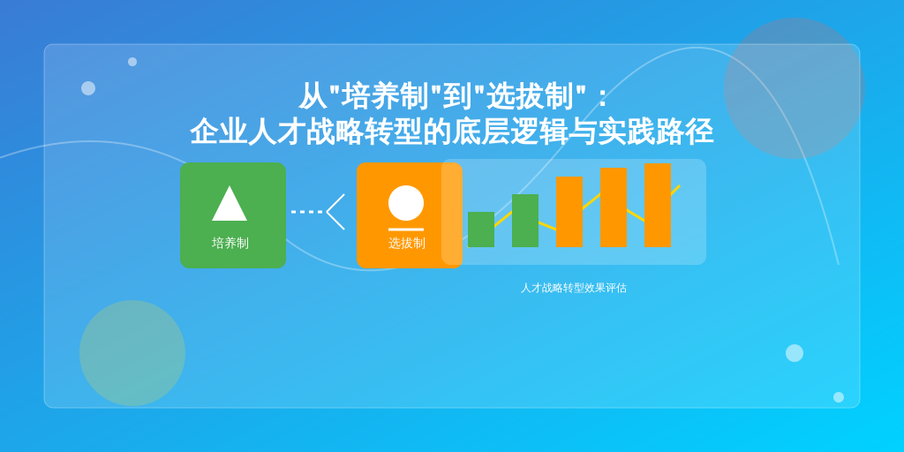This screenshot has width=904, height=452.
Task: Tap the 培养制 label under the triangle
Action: pos(230,244)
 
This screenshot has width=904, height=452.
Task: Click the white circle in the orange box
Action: pos(406,203)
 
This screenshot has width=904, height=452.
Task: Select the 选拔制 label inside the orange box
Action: pos(406,244)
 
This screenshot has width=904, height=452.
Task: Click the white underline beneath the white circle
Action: pos(406,230)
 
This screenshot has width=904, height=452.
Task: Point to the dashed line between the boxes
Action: pos(306,212)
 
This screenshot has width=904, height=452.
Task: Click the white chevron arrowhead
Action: pos(335,212)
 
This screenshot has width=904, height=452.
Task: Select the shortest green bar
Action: pos(481,230)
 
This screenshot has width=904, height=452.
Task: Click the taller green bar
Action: pos(525,221)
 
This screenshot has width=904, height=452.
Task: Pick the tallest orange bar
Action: pos(657,205)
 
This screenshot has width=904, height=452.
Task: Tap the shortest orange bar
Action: pos(569,212)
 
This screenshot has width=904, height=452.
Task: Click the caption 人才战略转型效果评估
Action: pos(574,288)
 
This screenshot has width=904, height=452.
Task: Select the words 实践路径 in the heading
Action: pos(656,132)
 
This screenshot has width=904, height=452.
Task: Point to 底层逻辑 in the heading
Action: pos(509,132)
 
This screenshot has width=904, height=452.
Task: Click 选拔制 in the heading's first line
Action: pos(530,96)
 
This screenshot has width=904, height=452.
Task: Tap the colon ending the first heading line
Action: pos(603,97)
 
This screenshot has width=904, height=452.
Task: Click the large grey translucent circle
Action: pos(794,88)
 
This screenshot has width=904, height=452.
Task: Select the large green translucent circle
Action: pos(132,353)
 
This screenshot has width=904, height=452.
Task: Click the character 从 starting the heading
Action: pos(313,96)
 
